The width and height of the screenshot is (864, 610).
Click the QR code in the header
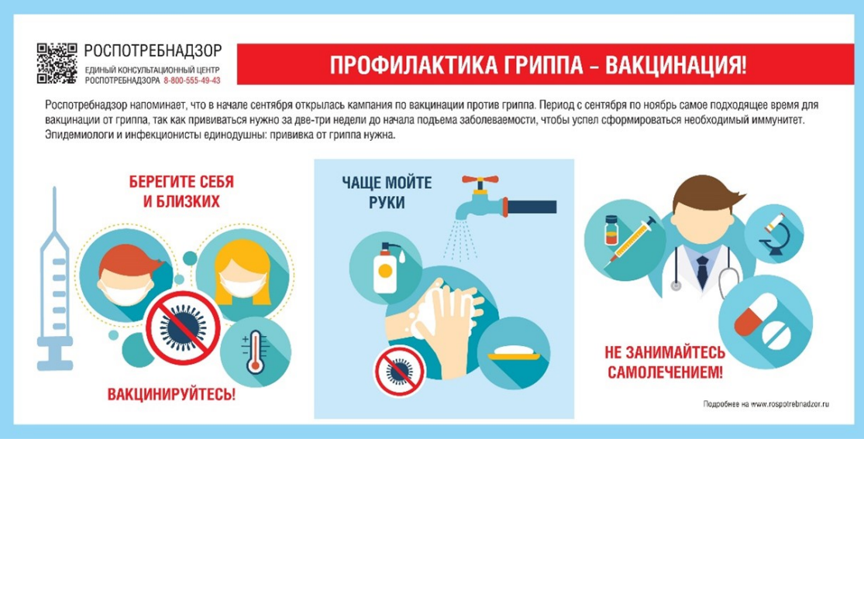click(x=57, y=63)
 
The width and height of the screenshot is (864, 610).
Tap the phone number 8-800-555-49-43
click(x=191, y=81)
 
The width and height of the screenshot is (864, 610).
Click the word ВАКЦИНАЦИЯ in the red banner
click(x=676, y=65)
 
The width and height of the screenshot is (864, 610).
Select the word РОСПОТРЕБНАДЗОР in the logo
click(x=153, y=51)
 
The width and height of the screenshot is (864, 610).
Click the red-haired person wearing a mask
click(x=127, y=276)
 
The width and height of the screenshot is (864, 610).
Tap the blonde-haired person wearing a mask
click(x=243, y=273)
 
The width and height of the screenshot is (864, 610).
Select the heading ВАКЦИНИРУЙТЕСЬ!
click(x=171, y=394)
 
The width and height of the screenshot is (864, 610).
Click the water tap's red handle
click(x=480, y=180)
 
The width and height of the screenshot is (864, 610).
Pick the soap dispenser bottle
click(x=386, y=268)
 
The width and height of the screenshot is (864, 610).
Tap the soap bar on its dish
click(x=514, y=352)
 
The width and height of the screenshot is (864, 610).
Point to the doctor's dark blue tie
click(x=703, y=272)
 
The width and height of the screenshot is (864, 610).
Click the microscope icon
click(x=775, y=235)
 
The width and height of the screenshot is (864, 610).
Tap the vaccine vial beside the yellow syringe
click(x=611, y=230)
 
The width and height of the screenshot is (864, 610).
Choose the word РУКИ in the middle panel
click(x=387, y=203)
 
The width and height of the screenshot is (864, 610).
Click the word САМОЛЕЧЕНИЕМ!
click(x=665, y=372)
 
